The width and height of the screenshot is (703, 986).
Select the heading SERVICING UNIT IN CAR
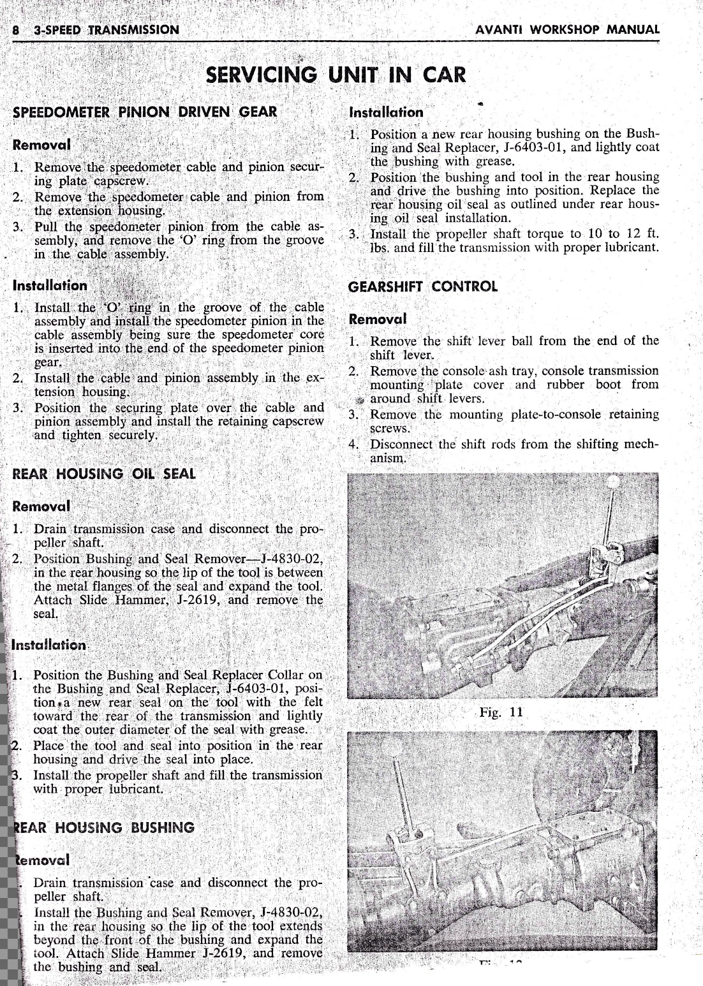(336, 75)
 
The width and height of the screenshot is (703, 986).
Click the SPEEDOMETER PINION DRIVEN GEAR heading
(145, 112)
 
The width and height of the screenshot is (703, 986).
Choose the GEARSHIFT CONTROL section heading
(423, 286)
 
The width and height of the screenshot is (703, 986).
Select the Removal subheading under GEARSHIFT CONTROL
(378, 319)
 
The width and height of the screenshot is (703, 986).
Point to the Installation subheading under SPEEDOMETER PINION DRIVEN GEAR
(50, 286)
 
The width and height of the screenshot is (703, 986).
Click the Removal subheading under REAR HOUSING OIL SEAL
(41, 506)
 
